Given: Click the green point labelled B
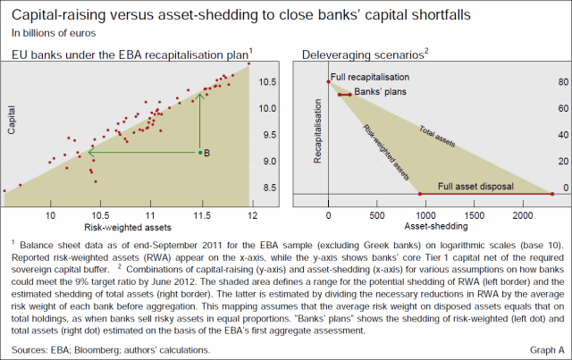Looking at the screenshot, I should point(199,153).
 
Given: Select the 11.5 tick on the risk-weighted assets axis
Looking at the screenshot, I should point(203,215).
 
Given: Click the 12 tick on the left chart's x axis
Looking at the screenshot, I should point(253,215).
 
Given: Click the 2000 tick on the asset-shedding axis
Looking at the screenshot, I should point(522,215).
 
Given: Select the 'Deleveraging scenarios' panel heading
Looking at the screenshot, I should point(361,54).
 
